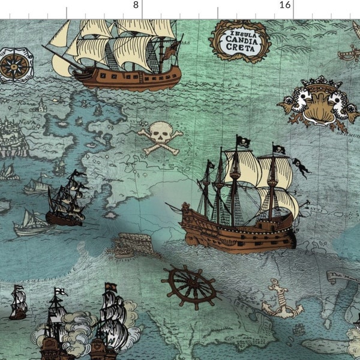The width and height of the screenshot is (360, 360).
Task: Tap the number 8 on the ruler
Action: (136, 5)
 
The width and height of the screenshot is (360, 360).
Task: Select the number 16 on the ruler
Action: (285, 5)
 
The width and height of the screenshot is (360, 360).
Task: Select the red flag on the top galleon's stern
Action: (171, 50)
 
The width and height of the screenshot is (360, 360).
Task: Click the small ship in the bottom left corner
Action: (19, 303)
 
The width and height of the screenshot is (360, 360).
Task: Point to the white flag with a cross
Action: (61, 293)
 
